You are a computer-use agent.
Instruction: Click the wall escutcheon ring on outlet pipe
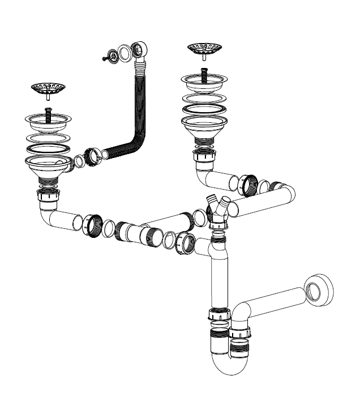(319, 289)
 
